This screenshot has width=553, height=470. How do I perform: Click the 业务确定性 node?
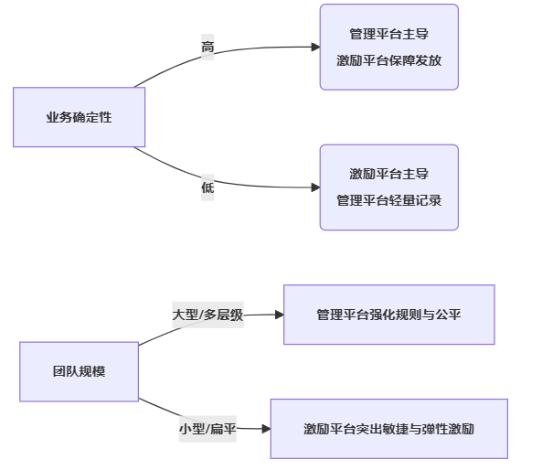pos(79,117)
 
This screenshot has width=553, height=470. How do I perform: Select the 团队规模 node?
pos(79,371)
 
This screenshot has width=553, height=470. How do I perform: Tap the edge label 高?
pos(207,48)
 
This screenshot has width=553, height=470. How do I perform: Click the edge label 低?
pos(207,187)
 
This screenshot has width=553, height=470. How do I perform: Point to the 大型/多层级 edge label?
pos(207,315)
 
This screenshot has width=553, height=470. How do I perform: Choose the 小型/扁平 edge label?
pos(207,429)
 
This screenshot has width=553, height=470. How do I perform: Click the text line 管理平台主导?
pos(388,35)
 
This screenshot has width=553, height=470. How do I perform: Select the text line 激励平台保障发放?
pos(388,60)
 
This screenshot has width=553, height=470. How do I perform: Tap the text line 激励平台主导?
pos(388,174)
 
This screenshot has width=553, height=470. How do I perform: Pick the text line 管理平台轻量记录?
pos(388,199)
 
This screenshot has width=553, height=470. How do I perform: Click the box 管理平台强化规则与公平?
pos(388,315)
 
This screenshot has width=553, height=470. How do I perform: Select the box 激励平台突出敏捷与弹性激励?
pos(388,428)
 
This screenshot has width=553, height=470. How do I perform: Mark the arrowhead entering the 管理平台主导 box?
pos(315,47)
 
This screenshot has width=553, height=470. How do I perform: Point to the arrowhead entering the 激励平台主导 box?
pos(315,187)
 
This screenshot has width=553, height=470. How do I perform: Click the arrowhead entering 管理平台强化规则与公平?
pos(279,315)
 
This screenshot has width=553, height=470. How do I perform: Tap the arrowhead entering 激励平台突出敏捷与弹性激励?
pos(265,428)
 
